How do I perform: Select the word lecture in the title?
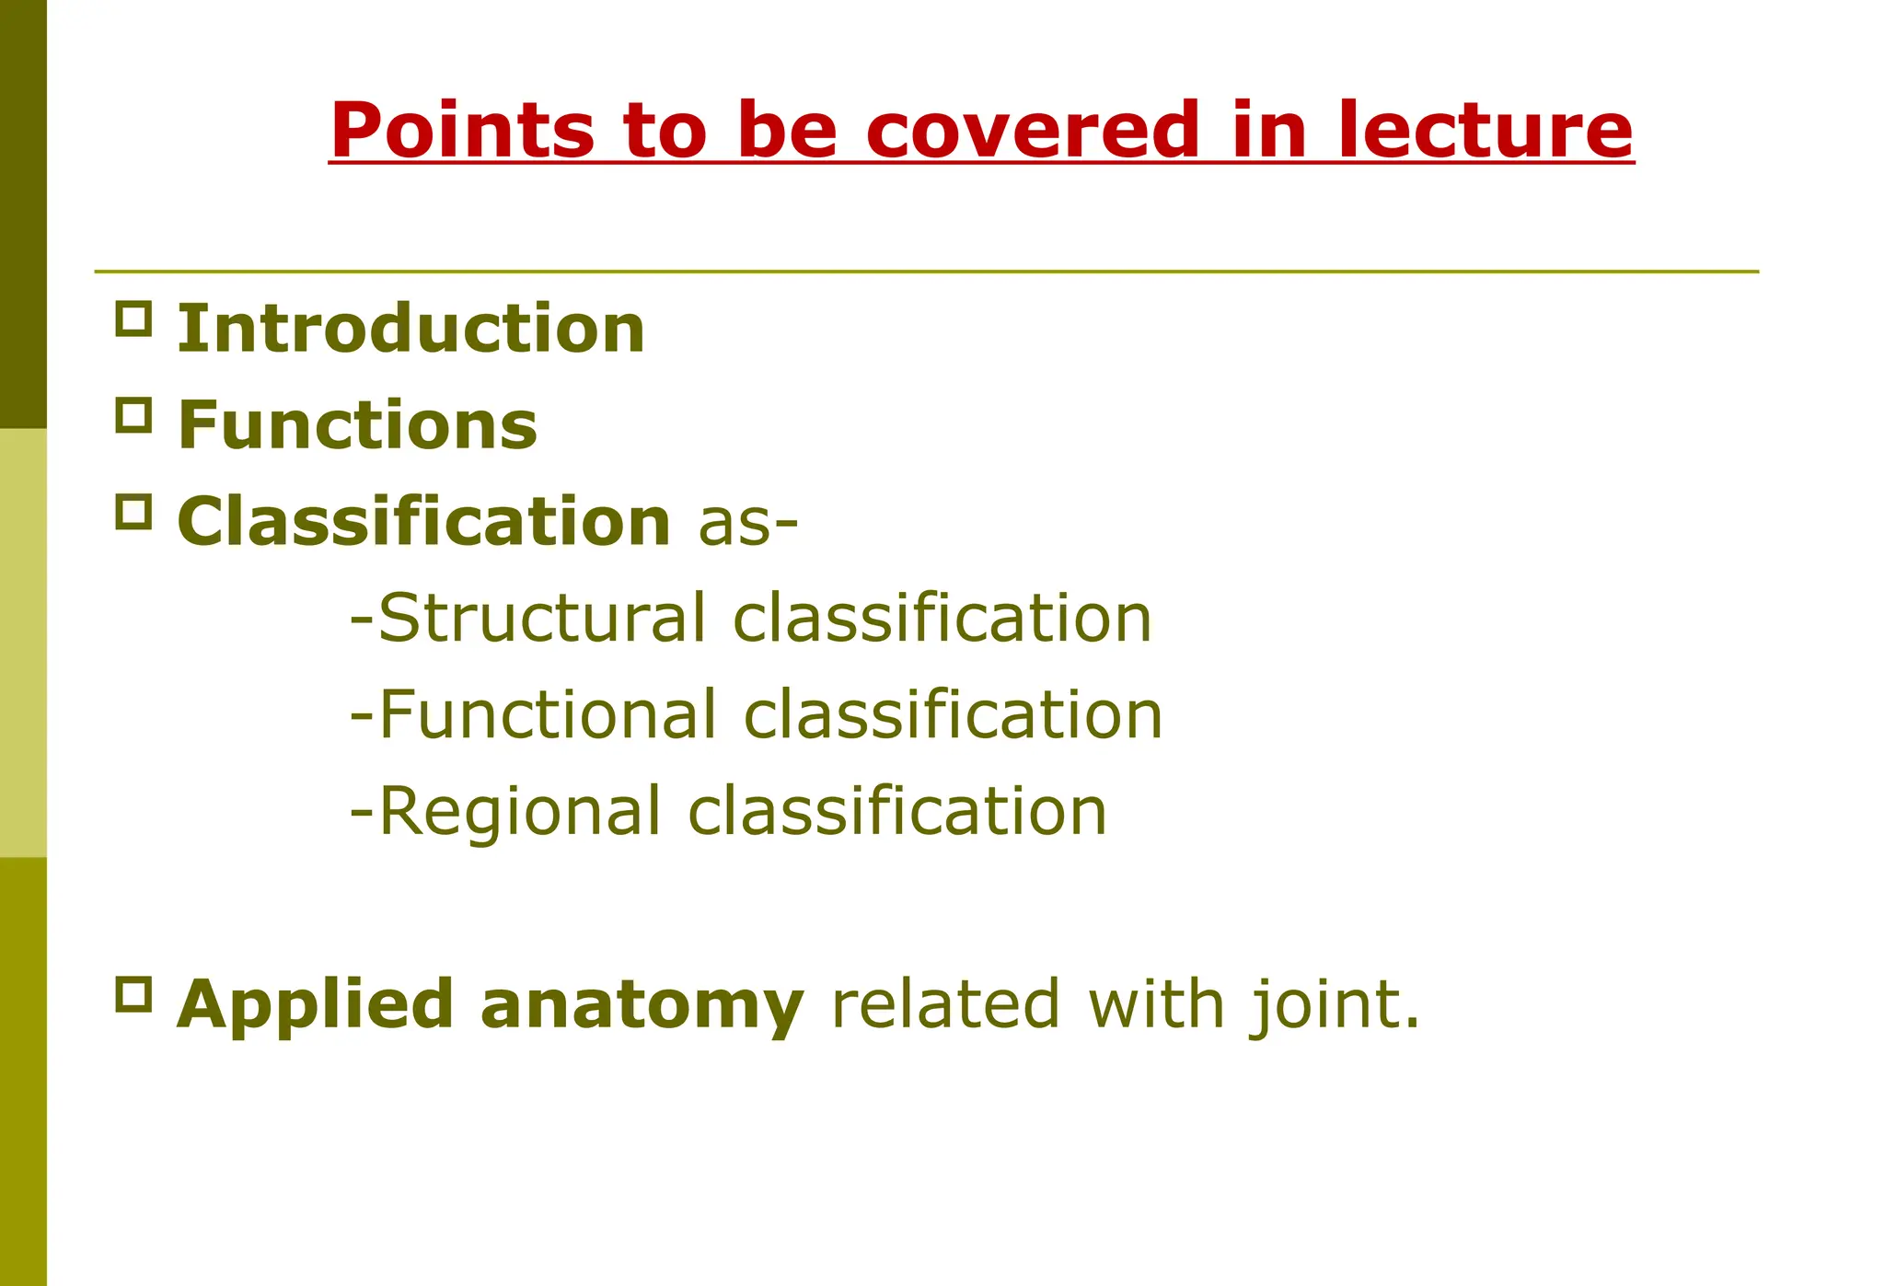(x=1485, y=130)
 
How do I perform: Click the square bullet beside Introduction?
(x=133, y=319)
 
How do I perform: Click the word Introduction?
(x=411, y=330)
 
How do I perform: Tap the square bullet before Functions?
(x=133, y=416)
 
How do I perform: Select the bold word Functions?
(x=357, y=426)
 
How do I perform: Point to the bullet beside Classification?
(x=133, y=512)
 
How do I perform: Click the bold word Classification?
(x=423, y=522)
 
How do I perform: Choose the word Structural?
(x=541, y=619)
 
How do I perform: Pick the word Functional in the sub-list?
(x=547, y=715)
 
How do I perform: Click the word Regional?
(x=519, y=812)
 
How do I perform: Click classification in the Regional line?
(x=897, y=812)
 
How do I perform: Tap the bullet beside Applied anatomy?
(x=133, y=994)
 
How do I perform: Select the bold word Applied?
(x=316, y=1005)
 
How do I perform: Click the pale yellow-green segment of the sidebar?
(x=23, y=643)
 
